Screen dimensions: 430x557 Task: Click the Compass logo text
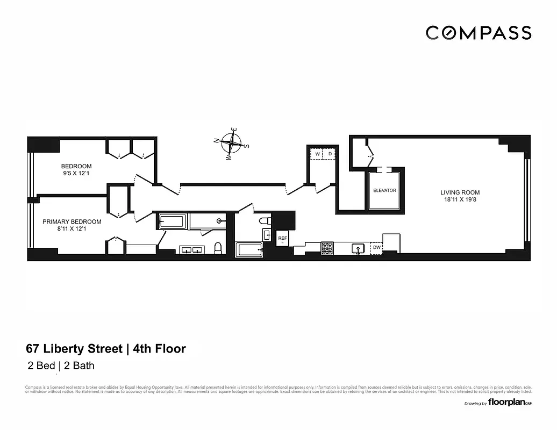479,33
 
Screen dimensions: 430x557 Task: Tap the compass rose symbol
232,144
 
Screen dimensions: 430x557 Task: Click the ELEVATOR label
384,191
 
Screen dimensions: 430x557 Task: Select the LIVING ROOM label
460,192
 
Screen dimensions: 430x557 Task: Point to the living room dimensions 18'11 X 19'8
460,200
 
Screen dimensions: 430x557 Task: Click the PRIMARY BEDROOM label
72,221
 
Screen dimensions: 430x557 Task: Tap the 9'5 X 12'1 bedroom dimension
76,174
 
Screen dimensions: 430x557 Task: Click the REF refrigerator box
282,238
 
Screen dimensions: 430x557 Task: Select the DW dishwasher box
377,248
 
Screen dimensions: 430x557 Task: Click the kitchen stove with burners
327,248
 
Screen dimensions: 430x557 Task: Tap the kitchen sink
358,248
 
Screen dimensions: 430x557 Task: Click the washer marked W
317,154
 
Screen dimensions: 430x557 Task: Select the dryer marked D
330,154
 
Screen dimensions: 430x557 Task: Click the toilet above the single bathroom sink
265,221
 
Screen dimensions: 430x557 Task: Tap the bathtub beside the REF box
249,250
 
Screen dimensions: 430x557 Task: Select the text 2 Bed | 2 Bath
61,367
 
